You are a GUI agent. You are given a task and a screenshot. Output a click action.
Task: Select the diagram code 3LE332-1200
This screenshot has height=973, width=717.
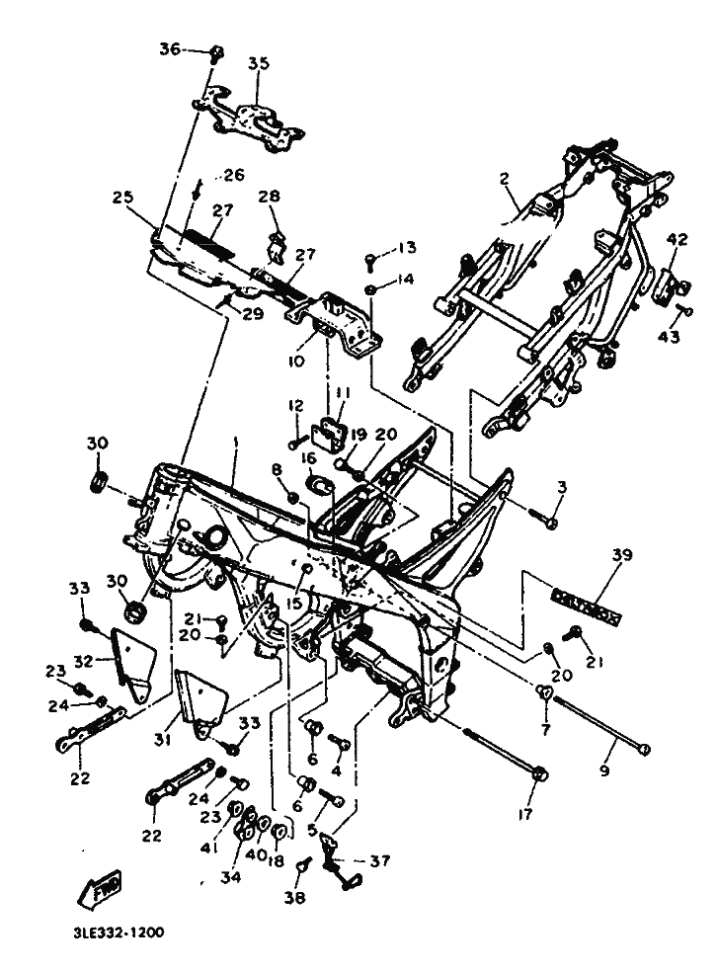(118, 932)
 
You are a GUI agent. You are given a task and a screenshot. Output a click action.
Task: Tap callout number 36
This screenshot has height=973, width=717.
(170, 48)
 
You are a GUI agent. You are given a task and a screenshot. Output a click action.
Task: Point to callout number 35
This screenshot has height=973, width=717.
(258, 64)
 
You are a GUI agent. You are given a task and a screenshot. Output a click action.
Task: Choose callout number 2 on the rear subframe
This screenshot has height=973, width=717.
(504, 180)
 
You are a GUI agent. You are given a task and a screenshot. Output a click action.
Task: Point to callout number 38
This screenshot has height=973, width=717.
(296, 898)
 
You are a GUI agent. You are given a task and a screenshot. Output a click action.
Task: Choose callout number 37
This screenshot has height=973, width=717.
(378, 860)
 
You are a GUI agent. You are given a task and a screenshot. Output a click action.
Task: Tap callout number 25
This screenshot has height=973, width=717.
(122, 198)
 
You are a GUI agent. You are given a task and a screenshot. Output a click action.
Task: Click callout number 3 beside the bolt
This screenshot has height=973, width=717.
(562, 486)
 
